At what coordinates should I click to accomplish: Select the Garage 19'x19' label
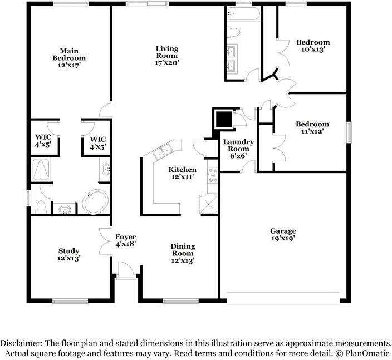283,234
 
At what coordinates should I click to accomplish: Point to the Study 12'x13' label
68,254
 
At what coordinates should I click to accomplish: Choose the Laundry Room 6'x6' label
238,149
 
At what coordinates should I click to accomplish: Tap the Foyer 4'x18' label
125,240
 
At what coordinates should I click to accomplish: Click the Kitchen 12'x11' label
183,173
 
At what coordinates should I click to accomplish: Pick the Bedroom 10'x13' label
312,46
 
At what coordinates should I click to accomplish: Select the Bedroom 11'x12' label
312,127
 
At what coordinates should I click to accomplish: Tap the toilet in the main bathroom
39,206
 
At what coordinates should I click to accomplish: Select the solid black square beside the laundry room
224,119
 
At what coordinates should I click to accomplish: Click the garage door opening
284,299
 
